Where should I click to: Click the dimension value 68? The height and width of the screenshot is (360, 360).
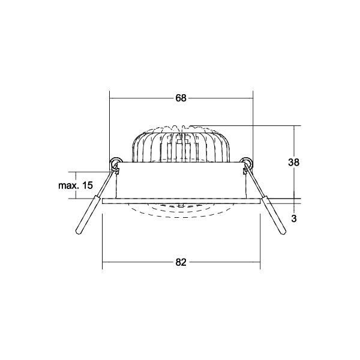[181, 98]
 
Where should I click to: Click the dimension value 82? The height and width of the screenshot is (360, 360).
[181, 262]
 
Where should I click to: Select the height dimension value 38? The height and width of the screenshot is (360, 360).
[293, 163]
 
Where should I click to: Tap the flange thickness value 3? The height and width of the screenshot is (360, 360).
[294, 218]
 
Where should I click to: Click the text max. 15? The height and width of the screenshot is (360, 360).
[76, 185]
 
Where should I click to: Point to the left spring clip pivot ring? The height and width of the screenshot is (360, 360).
[115, 162]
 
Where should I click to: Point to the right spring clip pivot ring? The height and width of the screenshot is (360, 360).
[247, 162]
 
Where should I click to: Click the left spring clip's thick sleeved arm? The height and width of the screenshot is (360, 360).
[88, 215]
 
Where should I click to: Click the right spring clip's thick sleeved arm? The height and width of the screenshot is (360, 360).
[274, 215]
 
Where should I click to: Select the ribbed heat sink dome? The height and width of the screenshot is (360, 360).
[181, 144]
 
